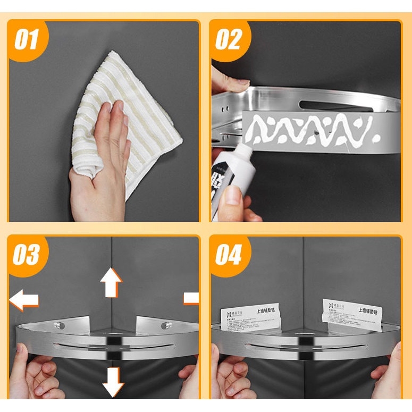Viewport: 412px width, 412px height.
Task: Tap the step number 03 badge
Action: pos(27,254)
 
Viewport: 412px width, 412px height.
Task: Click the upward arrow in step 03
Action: pos(111,282)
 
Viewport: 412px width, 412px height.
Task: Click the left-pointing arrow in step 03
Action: pos(24,300)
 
